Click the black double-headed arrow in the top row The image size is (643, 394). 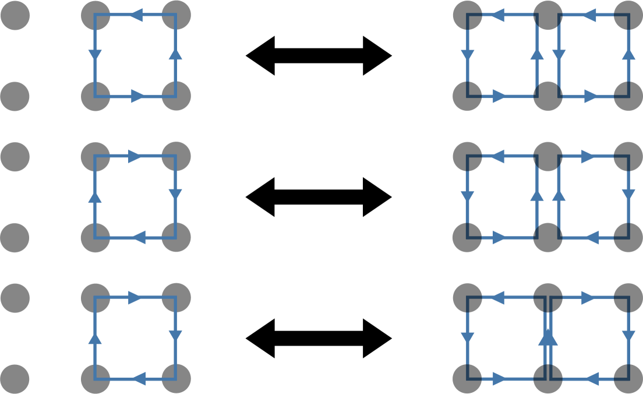(x=319, y=56)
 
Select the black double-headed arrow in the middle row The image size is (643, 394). (x=319, y=197)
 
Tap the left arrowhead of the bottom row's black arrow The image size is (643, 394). (x=260, y=338)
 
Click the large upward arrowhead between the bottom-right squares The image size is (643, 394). (x=548, y=336)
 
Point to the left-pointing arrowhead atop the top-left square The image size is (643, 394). (x=136, y=15)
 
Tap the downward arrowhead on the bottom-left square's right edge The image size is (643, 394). (x=176, y=336)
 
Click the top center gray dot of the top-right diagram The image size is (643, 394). (x=548, y=15)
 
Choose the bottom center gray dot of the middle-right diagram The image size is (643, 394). (x=548, y=238)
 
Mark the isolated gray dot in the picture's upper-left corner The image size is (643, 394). (x=15, y=15)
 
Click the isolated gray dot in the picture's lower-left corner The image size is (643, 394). (x=15, y=379)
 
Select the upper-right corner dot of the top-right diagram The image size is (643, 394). (x=628, y=15)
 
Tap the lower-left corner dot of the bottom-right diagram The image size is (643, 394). (x=467, y=379)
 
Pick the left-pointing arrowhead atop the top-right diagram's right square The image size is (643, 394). (x=588, y=15)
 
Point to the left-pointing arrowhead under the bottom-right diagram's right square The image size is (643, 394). (x=592, y=379)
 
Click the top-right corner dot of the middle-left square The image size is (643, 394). (x=176, y=156)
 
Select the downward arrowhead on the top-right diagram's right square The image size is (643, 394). (x=559, y=55)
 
